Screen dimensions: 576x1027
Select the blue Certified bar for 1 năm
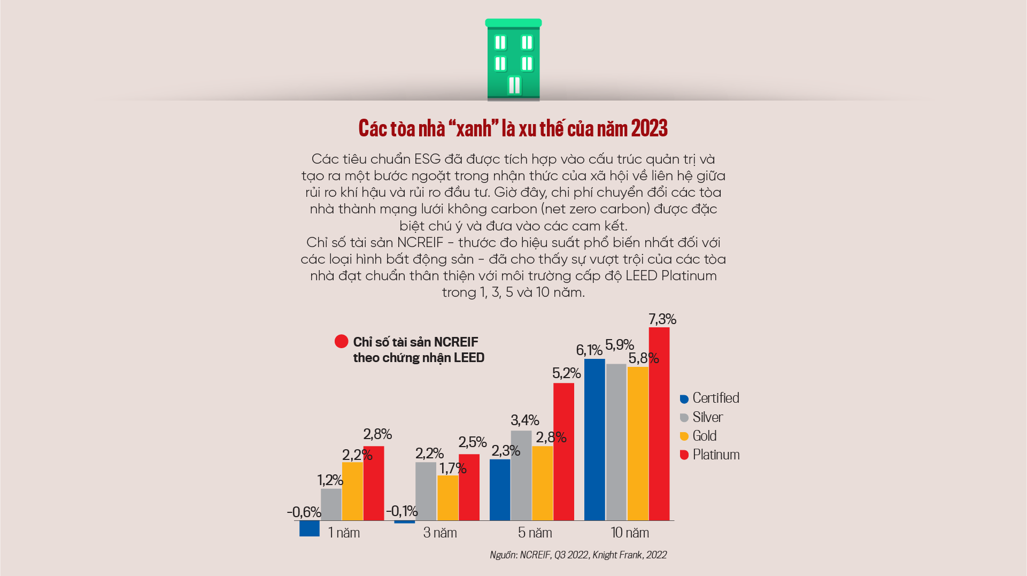click(310, 528)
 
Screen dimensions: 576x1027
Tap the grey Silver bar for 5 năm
click(521, 475)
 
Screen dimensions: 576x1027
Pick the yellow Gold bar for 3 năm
click(448, 498)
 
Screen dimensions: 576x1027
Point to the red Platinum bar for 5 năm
click(563, 452)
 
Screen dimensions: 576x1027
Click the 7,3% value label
click(662, 319)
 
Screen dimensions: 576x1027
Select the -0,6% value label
click(304, 512)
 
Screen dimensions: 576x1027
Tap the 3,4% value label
click(524, 420)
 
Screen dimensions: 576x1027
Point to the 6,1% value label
click(589, 350)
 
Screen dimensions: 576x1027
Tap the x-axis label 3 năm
click(440, 533)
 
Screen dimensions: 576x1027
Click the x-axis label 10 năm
click(630, 533)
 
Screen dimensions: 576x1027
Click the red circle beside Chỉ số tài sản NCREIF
click(341, 341)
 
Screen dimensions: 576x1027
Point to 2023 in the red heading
click(649, 128)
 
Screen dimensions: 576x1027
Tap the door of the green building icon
click(514, 86)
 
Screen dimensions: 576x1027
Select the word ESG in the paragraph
click(427, 159)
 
